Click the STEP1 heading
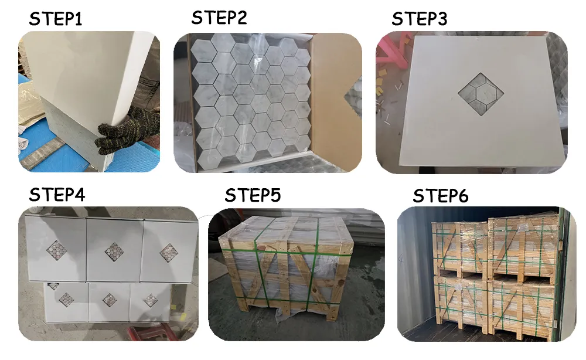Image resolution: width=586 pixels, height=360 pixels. click(x=56, y=19)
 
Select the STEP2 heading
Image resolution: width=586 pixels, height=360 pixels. click(x=219, y=18)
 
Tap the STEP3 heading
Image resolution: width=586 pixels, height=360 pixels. click(x=420, y=19)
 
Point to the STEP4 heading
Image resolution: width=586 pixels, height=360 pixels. click(x=57, y=195)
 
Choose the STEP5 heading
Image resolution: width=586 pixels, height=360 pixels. click(x=253, y=195)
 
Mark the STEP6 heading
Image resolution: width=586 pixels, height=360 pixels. click(x=441, y=196)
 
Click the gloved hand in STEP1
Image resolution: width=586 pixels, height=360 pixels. click(x=126, y=130)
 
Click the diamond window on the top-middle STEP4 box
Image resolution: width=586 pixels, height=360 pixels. click(x=114, y=251)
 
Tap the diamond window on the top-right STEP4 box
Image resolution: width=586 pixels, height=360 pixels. click(x=169, y=253)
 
